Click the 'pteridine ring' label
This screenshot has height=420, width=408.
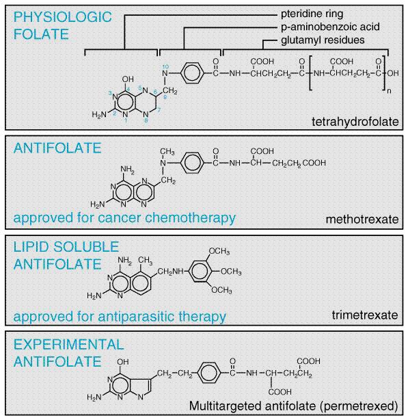[312, 14]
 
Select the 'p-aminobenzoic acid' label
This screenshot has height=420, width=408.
[330, 27]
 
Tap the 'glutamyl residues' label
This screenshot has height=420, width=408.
[323, 40]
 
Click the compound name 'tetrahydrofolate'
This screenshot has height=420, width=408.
[355, 122]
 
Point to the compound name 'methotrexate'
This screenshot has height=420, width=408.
[362, 220]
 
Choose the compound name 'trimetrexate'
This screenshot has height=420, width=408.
[365, 315]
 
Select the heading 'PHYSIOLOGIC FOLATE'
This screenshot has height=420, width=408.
[63, 25]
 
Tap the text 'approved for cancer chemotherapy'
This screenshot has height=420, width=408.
[124, 218]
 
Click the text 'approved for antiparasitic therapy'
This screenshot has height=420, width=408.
[120, 316]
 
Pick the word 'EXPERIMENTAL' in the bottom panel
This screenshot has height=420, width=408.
[69, 344]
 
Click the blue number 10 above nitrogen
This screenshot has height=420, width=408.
[165, 67]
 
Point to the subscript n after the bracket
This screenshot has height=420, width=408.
[389, 92]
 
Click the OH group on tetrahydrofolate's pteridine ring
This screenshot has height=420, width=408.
[128, 79]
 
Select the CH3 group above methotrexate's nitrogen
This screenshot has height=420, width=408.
[167, 152]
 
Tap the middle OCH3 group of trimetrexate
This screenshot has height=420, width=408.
[231, 272]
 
